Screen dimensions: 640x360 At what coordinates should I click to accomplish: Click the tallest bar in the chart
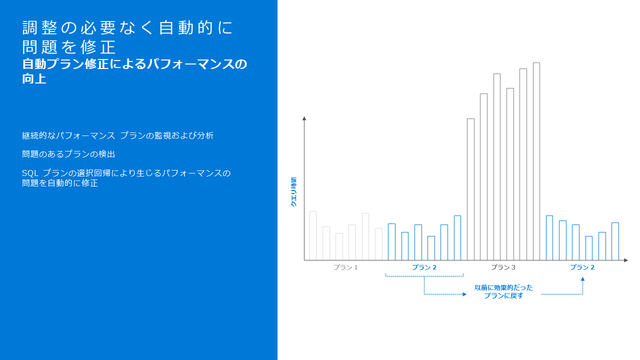click(x=536, y=161)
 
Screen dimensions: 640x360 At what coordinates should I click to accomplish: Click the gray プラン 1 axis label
click(x=345, y=267)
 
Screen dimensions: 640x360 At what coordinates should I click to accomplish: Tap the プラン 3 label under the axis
click(x=503, y=267)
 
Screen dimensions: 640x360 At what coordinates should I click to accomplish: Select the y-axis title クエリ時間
click(x=293, y=192)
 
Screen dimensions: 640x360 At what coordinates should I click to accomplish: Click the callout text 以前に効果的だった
click(x=503, y=287)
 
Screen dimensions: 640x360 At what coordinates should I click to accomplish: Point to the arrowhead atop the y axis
click(x=304, y=118)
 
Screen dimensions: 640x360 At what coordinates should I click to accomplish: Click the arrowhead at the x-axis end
click(x=625, y=260)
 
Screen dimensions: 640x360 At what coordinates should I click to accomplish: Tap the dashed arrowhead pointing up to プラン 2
click(x=582, y=279)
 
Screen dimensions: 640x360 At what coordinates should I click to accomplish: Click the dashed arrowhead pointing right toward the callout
click(x=464, y=294)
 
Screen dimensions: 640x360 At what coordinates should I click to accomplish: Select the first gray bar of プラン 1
click(x=313, y=235)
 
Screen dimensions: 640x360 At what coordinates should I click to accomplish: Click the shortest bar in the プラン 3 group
click(x=470, y=189)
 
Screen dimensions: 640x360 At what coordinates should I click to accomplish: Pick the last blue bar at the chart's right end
click(x=615, y=241)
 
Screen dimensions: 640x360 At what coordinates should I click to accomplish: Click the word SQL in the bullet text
click(x=30, y=173)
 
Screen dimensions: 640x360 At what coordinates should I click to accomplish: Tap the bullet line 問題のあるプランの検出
click(x=68, y=154)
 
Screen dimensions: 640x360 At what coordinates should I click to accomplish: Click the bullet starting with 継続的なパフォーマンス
click(x=117, y=135)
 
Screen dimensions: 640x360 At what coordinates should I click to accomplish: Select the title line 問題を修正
click(x=69, y=47)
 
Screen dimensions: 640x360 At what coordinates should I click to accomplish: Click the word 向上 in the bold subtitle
click(x=34, y=78)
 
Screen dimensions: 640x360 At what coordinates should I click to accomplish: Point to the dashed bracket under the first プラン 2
click(x=424, y=276)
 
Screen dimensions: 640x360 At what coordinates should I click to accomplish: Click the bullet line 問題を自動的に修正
click(x=60, y=183)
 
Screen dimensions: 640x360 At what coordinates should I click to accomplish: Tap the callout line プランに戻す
click(x=503, y=295)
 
